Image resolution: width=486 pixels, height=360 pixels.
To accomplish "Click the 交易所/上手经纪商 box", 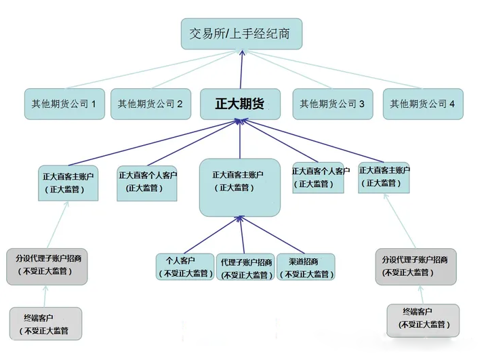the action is pos(241,34).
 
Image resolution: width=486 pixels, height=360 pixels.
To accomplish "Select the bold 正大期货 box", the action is pos(240,104).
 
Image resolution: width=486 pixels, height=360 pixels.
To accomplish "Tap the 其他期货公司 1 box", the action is pos(64,104).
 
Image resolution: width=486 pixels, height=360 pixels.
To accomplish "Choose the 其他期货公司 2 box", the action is pos(150,104).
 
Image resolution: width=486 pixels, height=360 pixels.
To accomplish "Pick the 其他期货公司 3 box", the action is pos(333,104).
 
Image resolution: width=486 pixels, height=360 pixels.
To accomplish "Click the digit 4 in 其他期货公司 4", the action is pos(452,104).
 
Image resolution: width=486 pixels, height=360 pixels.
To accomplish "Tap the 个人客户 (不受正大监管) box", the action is pos(185,267).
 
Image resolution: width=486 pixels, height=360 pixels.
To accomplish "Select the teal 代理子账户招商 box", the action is pos(245,267).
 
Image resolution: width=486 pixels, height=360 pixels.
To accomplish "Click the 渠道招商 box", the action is pos(306,267).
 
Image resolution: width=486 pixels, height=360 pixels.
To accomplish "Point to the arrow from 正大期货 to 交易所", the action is pos(241,69).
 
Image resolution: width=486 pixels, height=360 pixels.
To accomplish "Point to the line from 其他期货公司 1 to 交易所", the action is pos(153,69).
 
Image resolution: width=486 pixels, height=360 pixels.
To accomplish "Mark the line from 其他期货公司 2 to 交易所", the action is pos(196,69).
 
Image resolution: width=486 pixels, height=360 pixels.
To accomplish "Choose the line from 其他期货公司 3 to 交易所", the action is pos(288,69).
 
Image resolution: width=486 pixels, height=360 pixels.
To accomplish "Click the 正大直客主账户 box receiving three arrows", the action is pos(240,188).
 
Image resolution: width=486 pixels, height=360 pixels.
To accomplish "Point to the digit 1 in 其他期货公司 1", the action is pos(94,104).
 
